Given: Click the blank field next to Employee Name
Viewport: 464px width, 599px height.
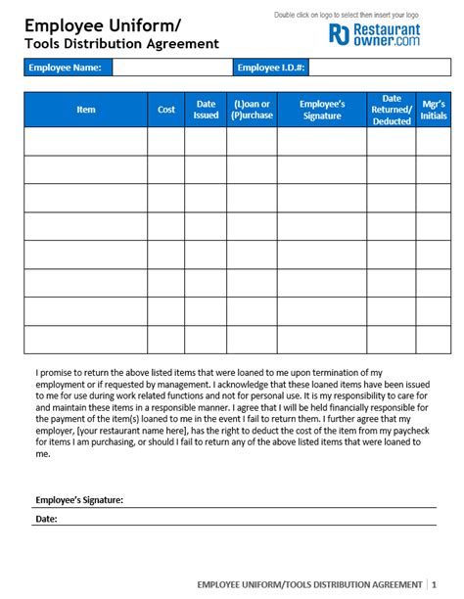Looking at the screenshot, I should [x=171, y=68].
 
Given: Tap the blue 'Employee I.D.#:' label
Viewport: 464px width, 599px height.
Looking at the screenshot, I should [x=271, y=68].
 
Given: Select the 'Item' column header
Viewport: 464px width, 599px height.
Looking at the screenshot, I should [x=86, y=110].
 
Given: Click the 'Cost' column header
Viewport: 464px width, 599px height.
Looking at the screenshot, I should [x=166, y=110].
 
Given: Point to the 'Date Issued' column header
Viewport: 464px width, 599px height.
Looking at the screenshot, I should [x=207, y=110].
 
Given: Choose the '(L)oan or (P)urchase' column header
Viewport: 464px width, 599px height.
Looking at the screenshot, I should [x=252, y=110].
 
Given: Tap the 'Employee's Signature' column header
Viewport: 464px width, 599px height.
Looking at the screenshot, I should [x=322, y=110].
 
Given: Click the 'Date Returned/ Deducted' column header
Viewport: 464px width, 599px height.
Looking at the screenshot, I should [x=392, y=110].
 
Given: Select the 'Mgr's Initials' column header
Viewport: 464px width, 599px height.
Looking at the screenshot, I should [x=433, y=110].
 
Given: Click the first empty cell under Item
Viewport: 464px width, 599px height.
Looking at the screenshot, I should [x=86, y=142].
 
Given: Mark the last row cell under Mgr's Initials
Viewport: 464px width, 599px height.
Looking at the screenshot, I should [x=433, y=340].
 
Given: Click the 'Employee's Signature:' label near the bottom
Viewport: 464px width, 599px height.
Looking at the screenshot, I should [x=79, y=500].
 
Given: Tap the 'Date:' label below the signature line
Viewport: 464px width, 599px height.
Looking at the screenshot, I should [x=46, y=519].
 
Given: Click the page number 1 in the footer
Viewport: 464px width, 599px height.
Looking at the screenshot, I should [x=434, y=584].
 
